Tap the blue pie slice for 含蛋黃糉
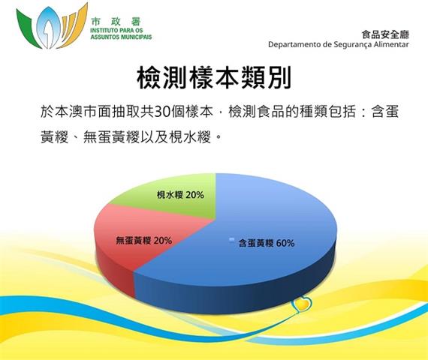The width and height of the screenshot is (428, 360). [x=246, y=245]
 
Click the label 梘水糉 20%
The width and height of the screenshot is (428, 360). [x=180, y=195]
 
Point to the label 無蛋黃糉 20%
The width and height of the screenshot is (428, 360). [x=144, y=241]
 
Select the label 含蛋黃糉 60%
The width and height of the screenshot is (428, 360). [x=267, y=243]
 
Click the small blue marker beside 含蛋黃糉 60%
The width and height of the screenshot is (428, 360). [x=232, y=240]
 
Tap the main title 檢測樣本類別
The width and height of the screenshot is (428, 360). [x=214, y=77]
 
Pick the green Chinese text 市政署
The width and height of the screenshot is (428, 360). [x=116, y=22]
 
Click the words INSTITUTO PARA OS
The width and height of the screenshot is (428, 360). [x=116, y=30]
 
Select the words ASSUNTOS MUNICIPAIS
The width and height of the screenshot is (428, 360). [x=121, y=37]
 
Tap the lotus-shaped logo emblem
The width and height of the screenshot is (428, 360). [x=52, y=26]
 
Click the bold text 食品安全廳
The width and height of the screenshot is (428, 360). [x=385, y=34]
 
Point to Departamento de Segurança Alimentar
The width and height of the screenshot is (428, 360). [x=339, y=44]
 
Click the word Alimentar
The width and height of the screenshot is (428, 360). [x=391, y=44]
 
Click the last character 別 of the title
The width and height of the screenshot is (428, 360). [x=279, y=77]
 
